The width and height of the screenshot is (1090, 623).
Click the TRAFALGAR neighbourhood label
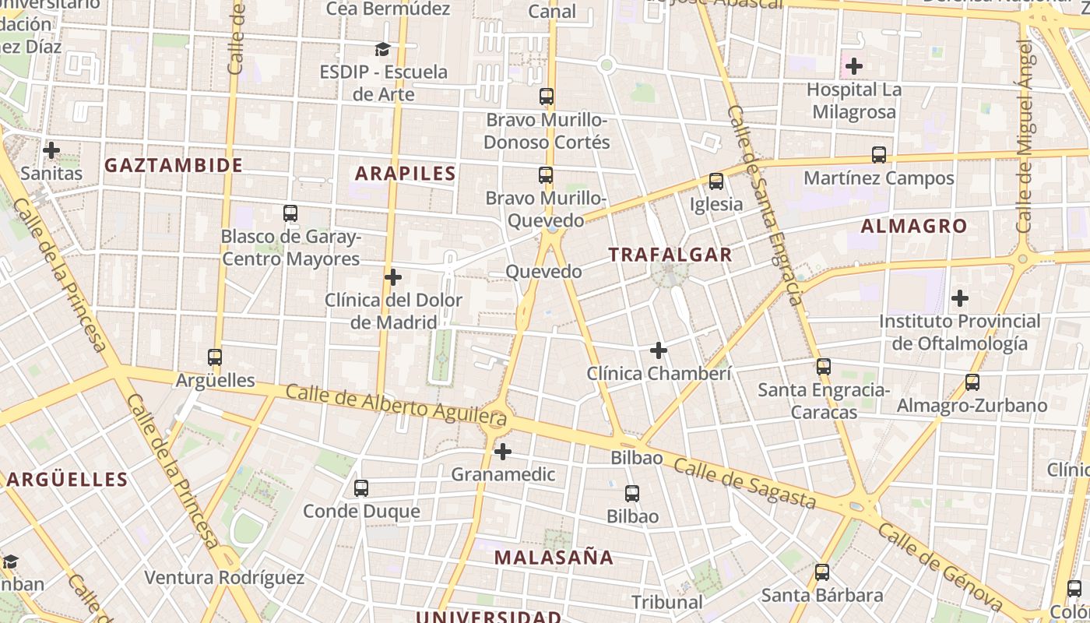coord(670,255)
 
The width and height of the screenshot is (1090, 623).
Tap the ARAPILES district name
coord(405,173)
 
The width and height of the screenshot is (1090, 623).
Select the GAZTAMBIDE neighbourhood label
coord(174,165)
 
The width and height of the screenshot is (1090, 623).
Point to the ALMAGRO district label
coord(914,227)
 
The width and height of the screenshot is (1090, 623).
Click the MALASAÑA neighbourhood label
coord(554,558)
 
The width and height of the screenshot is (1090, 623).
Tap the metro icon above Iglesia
coord(716,181)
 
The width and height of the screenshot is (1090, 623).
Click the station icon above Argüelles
coord(215,357)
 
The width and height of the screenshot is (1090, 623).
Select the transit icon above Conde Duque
coord(360,488)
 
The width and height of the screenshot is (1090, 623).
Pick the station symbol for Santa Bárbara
coord(822,572)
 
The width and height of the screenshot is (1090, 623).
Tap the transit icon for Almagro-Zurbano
coord(972,382)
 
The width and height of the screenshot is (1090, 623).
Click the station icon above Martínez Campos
coord(879,155)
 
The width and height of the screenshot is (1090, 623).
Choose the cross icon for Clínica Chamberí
coord(659,350)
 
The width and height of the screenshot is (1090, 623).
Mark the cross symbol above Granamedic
coord(503,451)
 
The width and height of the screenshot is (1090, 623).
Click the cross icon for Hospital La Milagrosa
coord(854,66)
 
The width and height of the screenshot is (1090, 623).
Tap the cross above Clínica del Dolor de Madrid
coord(393,276)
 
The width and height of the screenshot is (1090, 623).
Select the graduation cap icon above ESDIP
coord(382,50)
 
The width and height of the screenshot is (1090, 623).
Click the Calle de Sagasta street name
coord(745,482)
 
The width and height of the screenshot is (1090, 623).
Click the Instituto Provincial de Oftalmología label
coord(959,333)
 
